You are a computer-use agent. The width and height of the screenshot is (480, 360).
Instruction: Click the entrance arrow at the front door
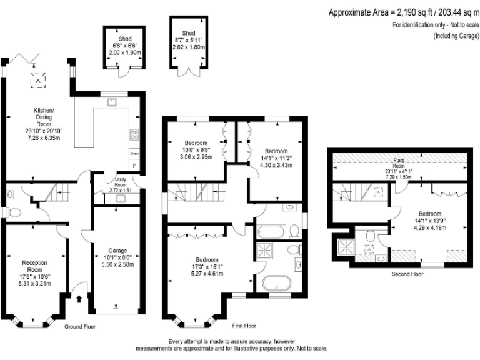click(78, 299)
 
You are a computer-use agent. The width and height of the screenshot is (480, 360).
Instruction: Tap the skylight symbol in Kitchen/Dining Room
click(38, 79)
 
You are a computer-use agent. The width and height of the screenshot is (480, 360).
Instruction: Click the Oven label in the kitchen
click(134, 153)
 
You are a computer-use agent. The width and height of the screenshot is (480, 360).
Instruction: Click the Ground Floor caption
click(80, 327)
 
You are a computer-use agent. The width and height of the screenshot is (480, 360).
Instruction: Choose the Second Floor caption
click(407, 274)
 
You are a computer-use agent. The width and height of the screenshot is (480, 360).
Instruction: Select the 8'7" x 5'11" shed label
click(188, 42)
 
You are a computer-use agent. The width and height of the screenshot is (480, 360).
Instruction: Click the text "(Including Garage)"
click(456, 36)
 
